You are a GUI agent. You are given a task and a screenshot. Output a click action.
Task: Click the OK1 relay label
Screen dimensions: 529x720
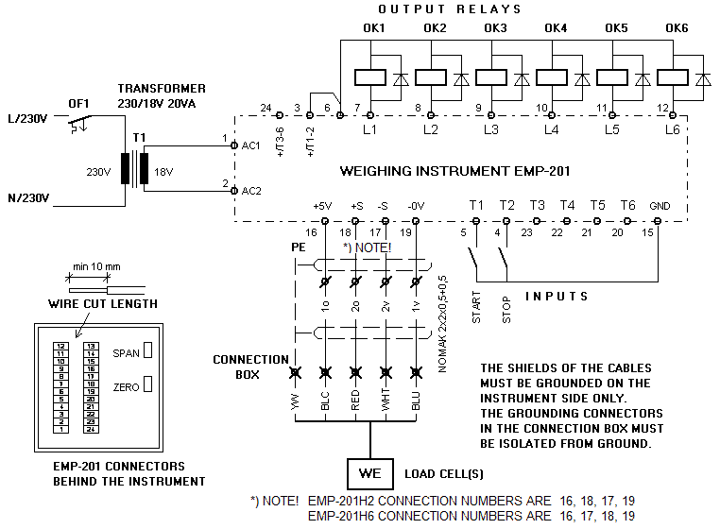[374, 28]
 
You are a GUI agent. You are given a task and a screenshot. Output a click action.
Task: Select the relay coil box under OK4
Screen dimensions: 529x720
[550, 78]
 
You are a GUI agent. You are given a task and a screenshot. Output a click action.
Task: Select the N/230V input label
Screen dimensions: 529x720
[28, 197]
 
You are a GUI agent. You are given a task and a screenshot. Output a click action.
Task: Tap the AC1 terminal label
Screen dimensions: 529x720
[251, 146]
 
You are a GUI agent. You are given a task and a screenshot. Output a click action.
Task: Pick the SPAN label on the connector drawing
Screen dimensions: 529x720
[126, 350]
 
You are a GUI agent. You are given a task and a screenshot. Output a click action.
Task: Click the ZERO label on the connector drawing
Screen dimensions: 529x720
[126, 387]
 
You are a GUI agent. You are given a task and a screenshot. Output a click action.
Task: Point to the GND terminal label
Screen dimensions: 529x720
[659, 206]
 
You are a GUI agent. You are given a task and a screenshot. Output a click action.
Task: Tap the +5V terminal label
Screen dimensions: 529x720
[323, 206]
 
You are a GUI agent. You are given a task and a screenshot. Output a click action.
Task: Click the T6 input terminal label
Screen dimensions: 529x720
[628, 206]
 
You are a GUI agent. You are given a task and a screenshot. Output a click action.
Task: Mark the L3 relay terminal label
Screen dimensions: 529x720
[490, 128]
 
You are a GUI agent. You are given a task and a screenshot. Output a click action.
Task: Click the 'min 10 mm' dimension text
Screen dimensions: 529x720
[97, 267]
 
